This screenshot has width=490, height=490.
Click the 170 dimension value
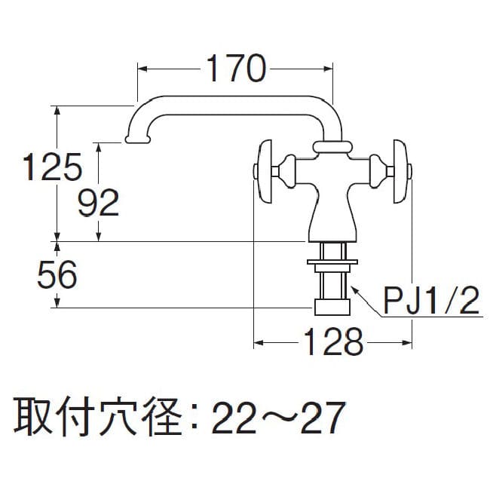click(x=234, y=70)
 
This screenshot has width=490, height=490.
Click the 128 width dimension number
click(x=333, y=344)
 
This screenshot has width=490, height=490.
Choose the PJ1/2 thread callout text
click(x=431, y=303)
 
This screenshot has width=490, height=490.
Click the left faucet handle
click(x=262, y=171)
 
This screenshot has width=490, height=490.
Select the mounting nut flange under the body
click(x=331, y=263)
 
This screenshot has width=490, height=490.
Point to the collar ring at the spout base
click(x=332, y=147)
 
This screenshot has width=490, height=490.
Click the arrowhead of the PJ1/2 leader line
click(x=355, y=289)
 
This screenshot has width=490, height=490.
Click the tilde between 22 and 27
click(x=277, y=417)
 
